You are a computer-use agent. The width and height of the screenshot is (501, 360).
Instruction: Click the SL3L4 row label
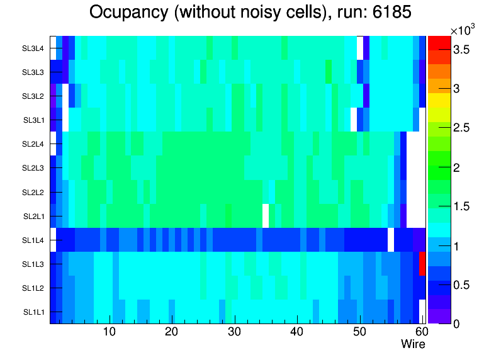[x=34, y=48]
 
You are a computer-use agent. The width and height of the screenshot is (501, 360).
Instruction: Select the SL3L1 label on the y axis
[x=34, y=120]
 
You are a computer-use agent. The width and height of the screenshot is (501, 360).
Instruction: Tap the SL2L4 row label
[x=34, y=144]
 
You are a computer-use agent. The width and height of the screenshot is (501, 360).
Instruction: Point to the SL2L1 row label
[x=34, y=217]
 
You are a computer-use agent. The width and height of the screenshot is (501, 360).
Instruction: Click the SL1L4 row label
[x=34, y=240]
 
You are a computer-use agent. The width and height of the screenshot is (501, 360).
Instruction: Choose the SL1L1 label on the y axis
[x=34, y=312]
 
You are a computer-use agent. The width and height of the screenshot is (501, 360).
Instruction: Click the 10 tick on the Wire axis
[x=109, y=332]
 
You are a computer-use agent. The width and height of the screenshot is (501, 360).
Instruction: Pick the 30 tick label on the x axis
[x=234, y=332]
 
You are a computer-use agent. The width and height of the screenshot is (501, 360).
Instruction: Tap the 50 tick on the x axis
[x=359, y=332]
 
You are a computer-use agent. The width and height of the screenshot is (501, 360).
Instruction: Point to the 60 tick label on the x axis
[x=420, y=332]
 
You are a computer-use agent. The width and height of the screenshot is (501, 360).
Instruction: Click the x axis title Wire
[x=413, y=344]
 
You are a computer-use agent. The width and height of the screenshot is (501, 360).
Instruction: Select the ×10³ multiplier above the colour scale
[x=463, y=30]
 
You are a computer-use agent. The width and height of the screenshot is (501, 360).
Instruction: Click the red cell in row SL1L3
[x=422, y=263]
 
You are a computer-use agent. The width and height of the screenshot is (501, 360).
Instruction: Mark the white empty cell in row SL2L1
[x=266, y=215]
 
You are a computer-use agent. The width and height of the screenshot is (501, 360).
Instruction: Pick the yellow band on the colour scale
[x=439, y=99]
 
